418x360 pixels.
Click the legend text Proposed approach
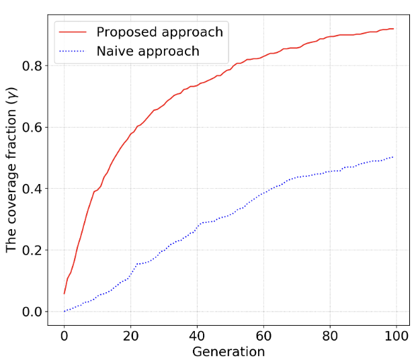click(159, 32)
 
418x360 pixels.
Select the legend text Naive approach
click(148, 51)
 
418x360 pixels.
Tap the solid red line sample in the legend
click(73, 32)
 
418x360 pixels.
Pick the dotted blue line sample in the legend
click(73, 51)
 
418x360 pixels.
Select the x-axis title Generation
click(228, 351)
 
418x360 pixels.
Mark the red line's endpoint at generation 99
click(393, 29)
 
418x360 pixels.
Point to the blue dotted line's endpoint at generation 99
click(393, 156)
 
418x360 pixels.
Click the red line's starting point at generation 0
click(64, 294)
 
